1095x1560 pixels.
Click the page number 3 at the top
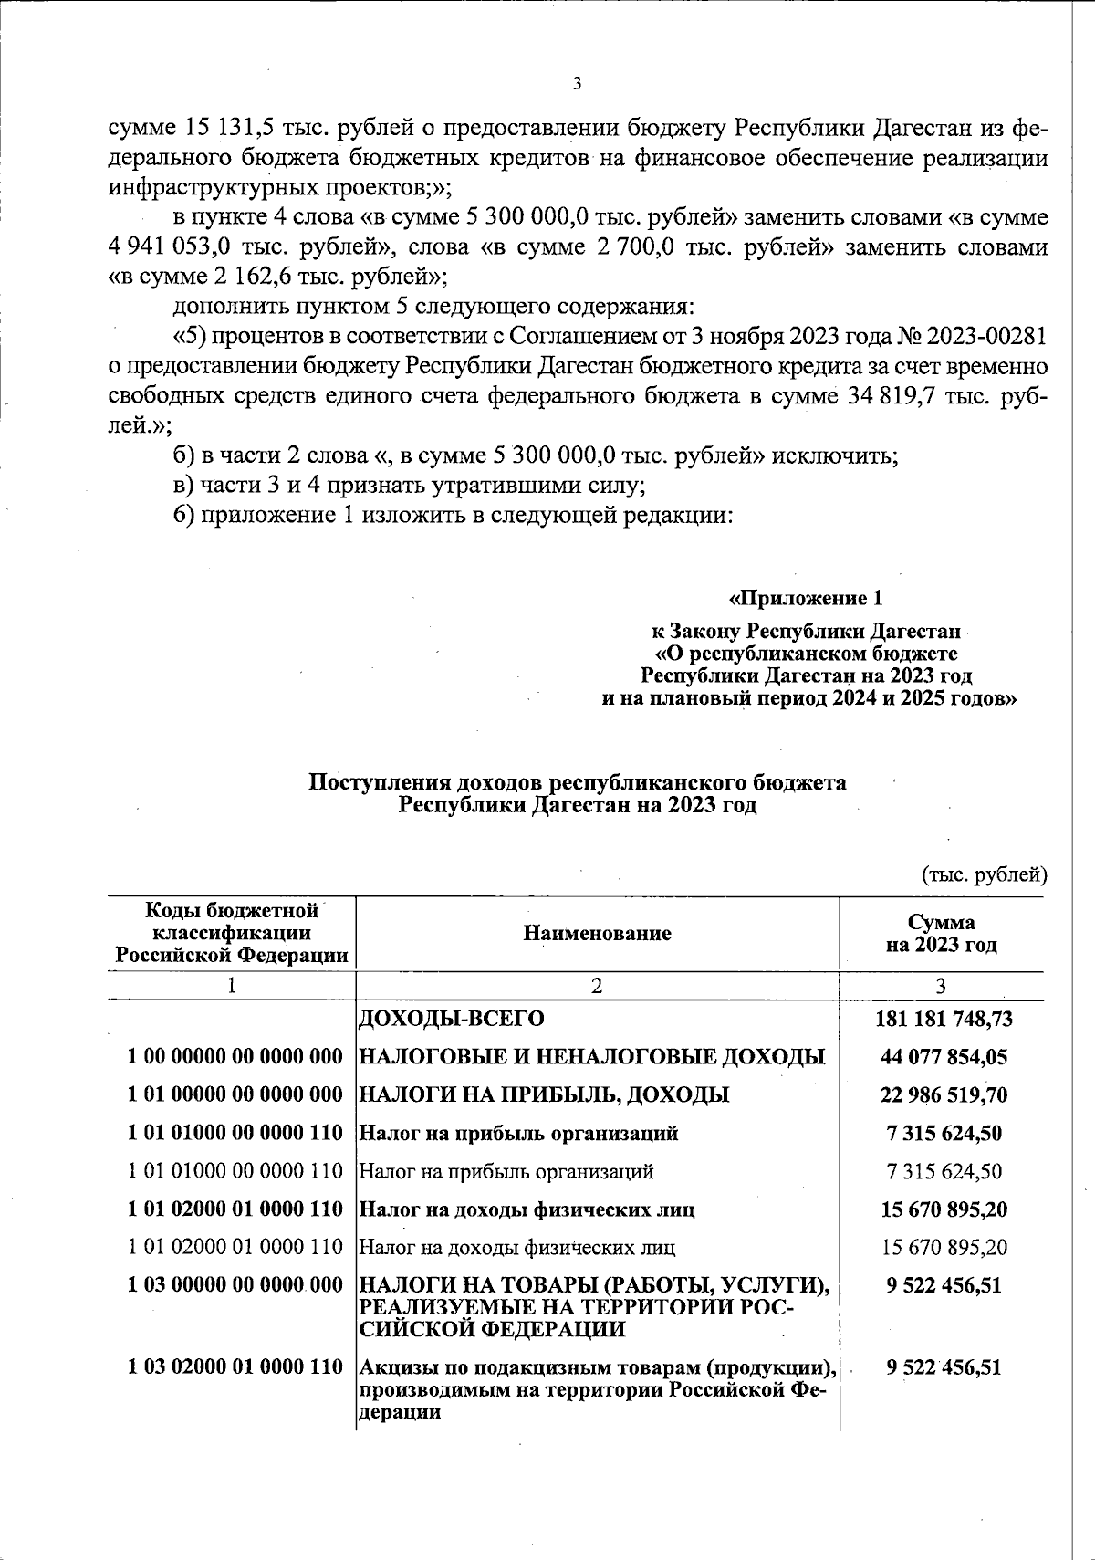point(576,85)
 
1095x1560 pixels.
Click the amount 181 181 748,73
point(944,1018)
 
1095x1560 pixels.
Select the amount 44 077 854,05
point(944,1056)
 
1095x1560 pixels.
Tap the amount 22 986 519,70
point(944,1094)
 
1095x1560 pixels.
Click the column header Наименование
point(597,933)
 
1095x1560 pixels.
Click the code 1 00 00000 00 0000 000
point(235,1057)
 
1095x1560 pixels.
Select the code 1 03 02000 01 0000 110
point(235,1368)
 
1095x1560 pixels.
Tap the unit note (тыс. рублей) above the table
point(984,875)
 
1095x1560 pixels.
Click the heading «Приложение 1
point(807,599)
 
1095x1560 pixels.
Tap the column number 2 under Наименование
point(597,985)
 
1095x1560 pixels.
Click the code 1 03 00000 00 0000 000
point(235,1285)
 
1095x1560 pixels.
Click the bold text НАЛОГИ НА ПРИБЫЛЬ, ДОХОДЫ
point(545,1094)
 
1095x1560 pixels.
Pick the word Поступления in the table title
point(368,782)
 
